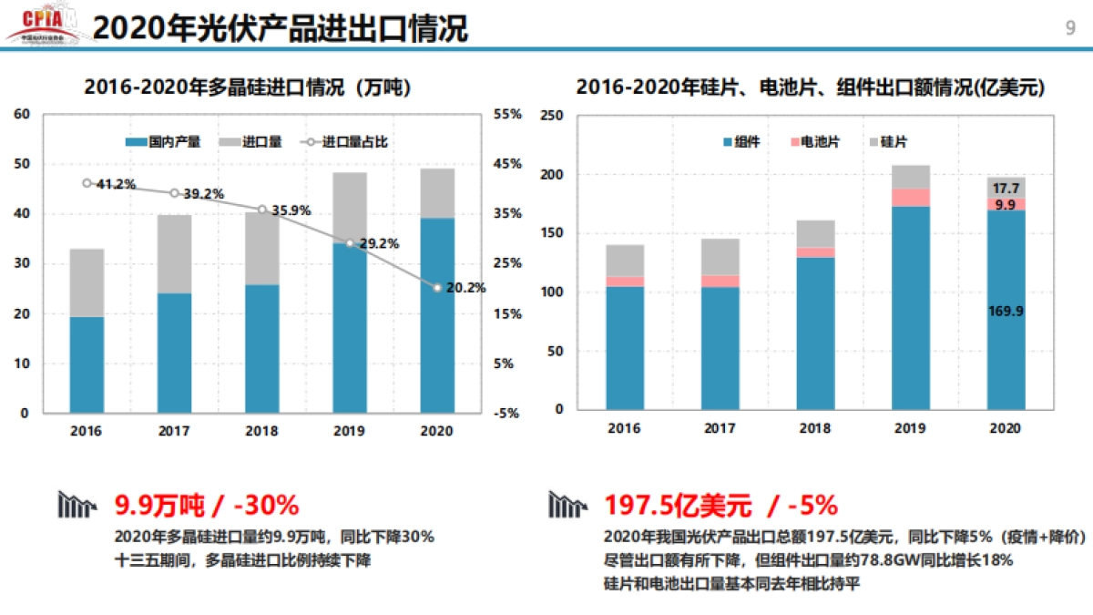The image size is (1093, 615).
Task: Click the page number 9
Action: coord(1069,26)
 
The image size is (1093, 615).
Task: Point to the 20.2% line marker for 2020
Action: coord(437,288)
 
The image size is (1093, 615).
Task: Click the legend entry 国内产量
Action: coord(164,142)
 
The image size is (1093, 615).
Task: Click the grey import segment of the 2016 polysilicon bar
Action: coord(87,282)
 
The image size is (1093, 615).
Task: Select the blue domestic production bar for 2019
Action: coord(350,328)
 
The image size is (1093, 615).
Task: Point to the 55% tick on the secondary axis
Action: coord(507,115)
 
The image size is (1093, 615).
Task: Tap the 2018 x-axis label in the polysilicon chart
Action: coord(261,430)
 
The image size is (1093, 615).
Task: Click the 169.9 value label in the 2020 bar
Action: coord(1006,312)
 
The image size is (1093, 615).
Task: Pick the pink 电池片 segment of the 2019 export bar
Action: coord(911,198)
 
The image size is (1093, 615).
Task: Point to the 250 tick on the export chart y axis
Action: coord(552,116)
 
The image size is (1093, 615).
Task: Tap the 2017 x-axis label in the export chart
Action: coord(720,427)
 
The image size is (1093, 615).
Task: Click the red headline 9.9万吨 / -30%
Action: coord(206,505)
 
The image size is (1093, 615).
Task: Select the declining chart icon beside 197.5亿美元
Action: coord(567,504)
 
